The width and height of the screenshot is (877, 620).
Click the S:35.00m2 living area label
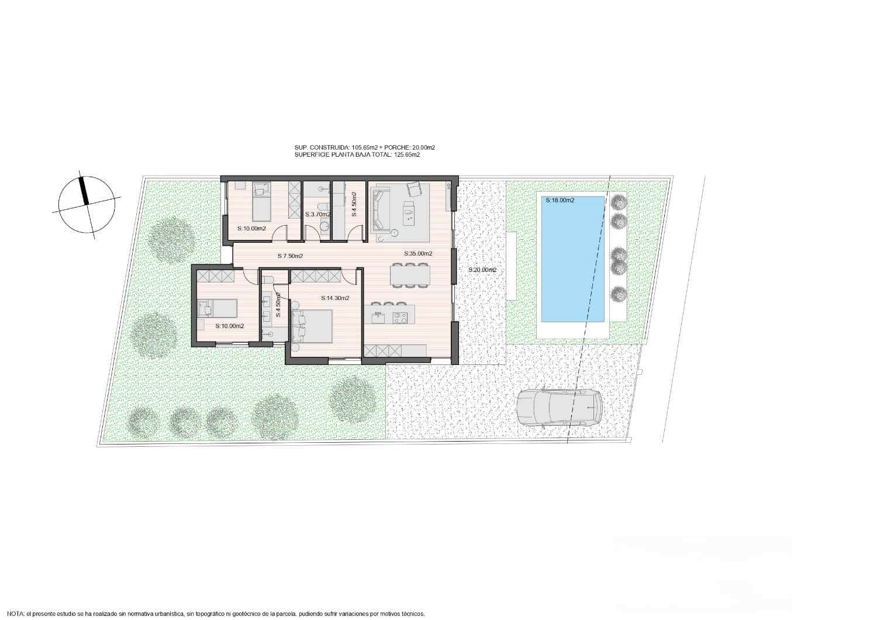click(x=418, y=254)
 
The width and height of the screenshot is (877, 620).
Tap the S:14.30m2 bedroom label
click(x=335, y=298)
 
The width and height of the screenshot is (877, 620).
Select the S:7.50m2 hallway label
click(x=290, y=256)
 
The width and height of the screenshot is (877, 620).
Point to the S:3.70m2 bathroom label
click(x=317, y=215)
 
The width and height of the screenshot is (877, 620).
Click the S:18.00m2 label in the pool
click(x=560, y=200)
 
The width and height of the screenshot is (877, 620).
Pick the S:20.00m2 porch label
click(x=482, y=270)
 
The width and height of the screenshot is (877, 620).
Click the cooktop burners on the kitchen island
click(x=400, y=318)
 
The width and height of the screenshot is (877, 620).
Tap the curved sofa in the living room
click(x=379, y=211)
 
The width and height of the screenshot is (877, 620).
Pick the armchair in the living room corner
click(x=414, y=188)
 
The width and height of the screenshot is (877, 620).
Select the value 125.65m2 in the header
click(x=407, y=155)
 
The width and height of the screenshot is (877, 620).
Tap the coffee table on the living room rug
click(x=408, y=208)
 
